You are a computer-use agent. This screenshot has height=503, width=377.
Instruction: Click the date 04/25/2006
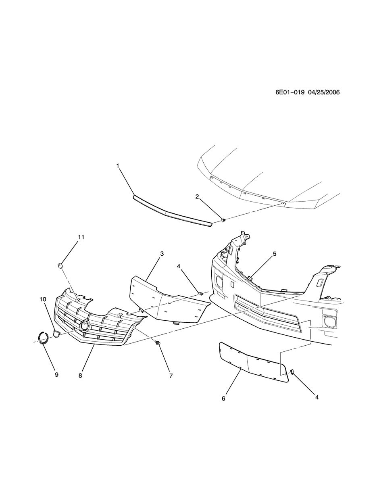tap(323, 92)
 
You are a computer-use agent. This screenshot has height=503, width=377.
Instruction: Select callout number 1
tap(118, 165)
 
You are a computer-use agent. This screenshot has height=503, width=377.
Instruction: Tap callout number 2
tap(197, 196)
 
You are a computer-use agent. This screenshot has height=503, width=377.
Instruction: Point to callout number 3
tap(162, 254)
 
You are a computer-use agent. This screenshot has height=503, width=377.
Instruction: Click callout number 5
tap(275, 254)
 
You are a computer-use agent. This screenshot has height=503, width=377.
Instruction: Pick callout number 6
tap(223, 399)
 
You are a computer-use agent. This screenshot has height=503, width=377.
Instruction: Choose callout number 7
tap(171, 376)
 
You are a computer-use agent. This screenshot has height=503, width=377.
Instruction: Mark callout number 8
tap(80, 376)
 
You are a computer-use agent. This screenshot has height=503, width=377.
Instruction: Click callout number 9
tap(56, 375)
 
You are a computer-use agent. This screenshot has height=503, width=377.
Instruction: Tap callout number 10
tap(43, 299)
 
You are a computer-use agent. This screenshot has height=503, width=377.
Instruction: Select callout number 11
tap(81, 237)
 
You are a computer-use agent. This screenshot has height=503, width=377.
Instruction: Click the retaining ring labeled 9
tap(43, 337)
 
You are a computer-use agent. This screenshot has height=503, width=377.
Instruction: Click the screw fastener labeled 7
tap(158, 343)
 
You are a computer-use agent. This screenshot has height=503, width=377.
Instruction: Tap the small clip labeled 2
tap(223, 220)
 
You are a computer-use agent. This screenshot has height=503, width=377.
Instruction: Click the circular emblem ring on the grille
tap(85, 325)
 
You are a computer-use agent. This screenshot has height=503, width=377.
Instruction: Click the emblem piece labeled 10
tap(56, 333)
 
